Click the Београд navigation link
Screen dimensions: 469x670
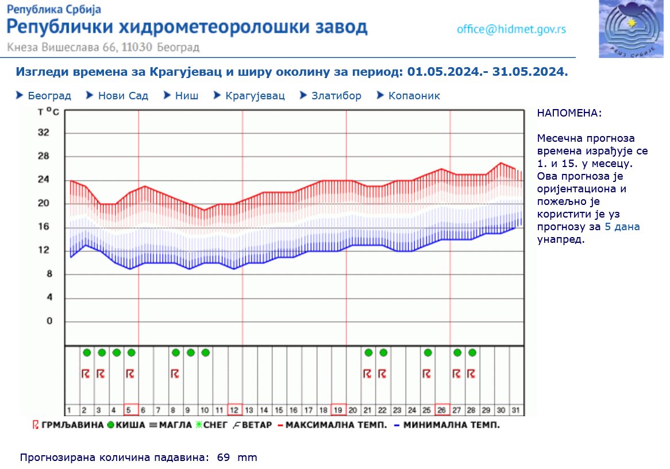(x=49, y=96)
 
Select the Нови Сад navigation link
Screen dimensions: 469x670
(x=123, y=96)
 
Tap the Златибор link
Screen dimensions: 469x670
(x=336, y=96)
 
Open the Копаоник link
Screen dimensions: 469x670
(x=414, y=96)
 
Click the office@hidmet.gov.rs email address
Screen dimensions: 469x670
(x=511, y=29)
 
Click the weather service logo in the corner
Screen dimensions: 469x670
(x=631, y=29)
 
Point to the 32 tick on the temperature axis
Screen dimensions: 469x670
(x=44, y=133)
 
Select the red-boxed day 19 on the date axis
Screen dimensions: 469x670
(x=338, y=410)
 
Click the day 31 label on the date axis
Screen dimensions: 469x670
(x=516, y=410)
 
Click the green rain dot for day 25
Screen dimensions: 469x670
(x=428, y=352)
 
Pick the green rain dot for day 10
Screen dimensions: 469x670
(x=205, y=352)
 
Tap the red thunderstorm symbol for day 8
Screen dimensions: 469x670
(x=175, y=374)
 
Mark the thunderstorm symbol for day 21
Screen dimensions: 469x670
(x=368, y=374)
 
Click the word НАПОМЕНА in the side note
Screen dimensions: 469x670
(x=569, y=113)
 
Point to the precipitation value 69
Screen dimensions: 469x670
(x=224, y=458)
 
